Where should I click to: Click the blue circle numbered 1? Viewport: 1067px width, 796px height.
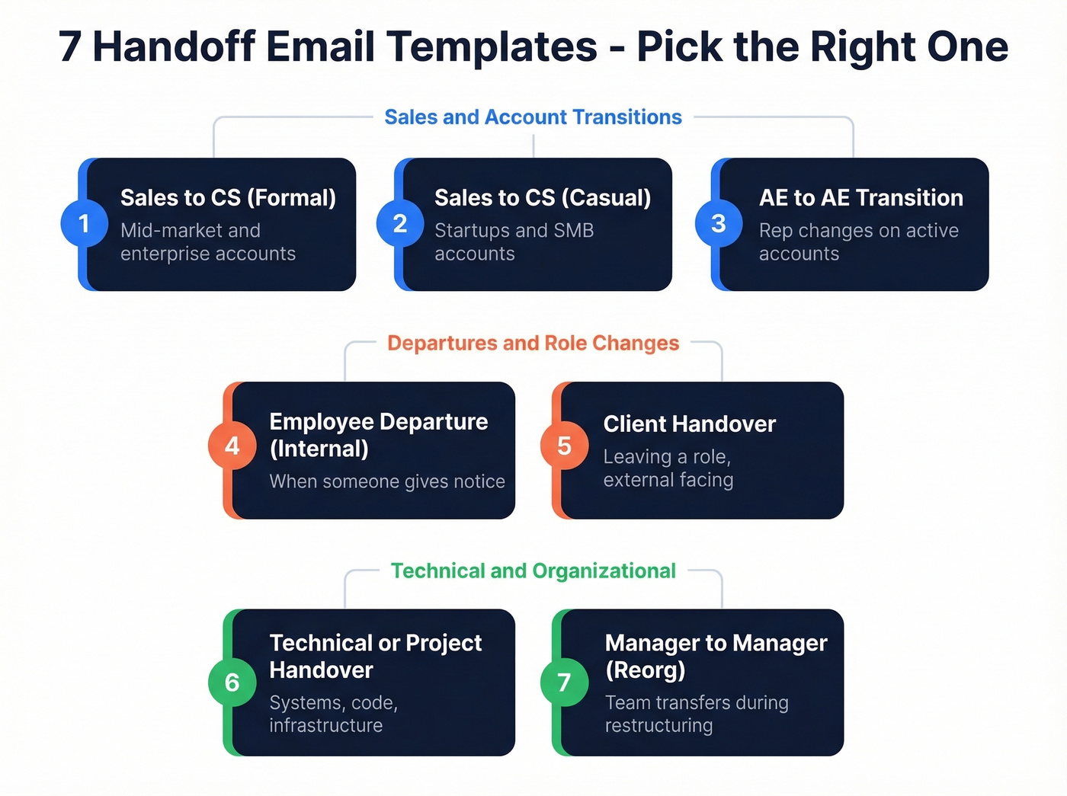coord(85,224)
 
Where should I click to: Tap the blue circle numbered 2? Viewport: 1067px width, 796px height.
coord(400,224)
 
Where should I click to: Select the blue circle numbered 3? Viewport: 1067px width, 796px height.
coord(718,224)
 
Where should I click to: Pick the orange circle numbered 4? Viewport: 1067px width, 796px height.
coord(232,446)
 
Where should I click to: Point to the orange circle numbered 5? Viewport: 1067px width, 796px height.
coord(564,446)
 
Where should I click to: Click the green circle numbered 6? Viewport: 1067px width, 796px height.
coord(232,683)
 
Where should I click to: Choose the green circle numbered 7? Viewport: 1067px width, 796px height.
coord(564,683)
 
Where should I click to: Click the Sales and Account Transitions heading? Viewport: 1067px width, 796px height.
coord(533,117)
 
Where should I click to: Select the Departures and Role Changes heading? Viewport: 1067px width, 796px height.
coord(533,344)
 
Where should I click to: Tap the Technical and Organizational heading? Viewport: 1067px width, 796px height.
coord(533,571)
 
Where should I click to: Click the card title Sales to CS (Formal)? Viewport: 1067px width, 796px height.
coord(228,198)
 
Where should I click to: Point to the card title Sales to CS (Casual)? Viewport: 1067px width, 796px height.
coord(543,198)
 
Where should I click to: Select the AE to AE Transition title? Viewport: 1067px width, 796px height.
coord(860,198)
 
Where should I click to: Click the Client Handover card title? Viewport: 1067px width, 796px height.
coord(689,424)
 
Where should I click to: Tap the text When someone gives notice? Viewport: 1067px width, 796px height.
coord(387,481)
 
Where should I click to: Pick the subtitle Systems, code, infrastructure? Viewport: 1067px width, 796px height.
coord(333,714)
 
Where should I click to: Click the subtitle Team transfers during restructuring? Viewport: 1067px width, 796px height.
coord(696,714)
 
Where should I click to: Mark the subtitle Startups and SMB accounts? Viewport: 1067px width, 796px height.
coord(514,242)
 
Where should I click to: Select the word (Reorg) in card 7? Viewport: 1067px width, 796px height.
coord(645,670)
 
